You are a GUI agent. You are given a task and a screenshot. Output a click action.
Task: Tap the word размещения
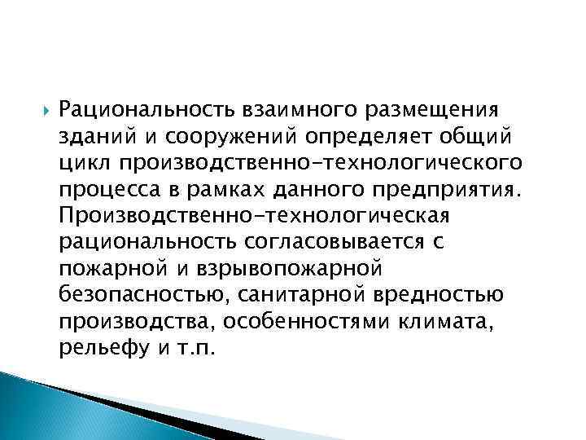pyautogui.click(x=428, y=108)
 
